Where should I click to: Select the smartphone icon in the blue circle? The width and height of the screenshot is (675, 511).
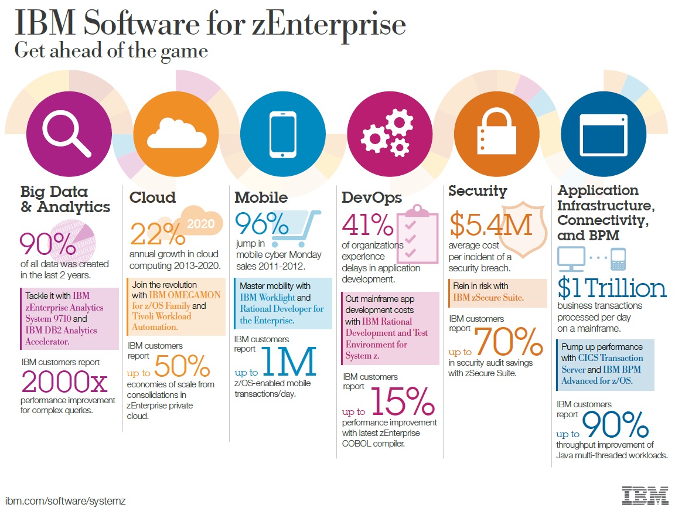(282, 134)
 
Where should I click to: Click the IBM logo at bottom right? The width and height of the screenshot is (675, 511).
(645, 495)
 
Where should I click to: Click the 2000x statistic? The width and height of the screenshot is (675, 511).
(64, 383)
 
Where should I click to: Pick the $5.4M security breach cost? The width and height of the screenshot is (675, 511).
(490, 224)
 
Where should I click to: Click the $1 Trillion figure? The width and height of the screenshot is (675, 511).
(612, 288)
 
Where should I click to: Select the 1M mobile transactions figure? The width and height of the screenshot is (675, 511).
(291, 362)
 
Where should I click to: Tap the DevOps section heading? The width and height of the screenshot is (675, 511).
(372, 197)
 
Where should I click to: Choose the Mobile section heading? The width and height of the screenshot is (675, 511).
(261, 197)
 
